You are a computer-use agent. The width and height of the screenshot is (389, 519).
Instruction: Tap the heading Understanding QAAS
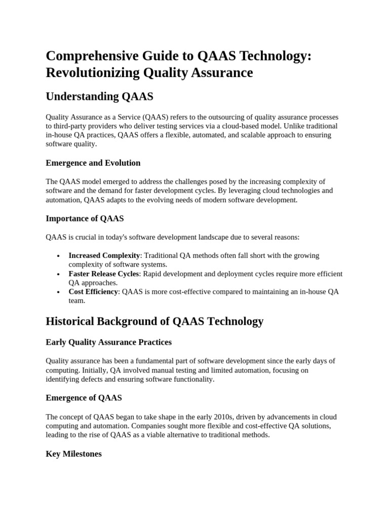99,96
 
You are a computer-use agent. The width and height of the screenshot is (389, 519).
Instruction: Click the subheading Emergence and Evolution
93,163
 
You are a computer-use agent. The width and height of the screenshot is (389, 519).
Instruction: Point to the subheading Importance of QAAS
85,218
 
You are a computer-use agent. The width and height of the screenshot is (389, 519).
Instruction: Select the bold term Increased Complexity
104,255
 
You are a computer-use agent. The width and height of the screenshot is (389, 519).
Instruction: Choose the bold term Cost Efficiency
93,291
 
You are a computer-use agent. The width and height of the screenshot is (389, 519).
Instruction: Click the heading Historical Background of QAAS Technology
154,321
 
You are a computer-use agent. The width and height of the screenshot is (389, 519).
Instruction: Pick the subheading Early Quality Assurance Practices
108,342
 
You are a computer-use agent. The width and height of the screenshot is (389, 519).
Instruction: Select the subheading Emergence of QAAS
84,398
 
